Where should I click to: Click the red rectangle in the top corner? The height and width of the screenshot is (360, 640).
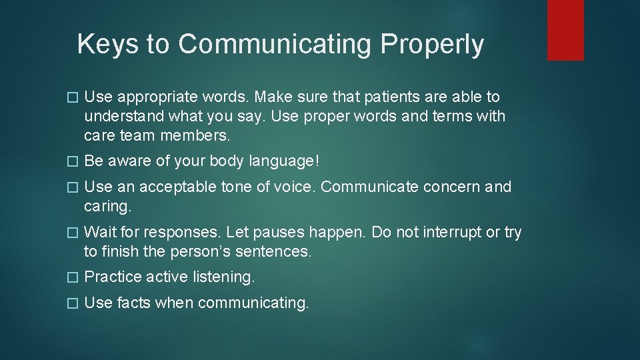[x=565, y=30]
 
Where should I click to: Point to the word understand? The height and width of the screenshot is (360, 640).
[x=123, y=117]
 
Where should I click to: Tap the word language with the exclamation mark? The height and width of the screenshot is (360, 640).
[x=282, y=161]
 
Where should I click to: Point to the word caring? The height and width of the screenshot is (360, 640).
[x=108, y=207]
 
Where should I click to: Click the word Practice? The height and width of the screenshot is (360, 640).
[x=113, y=277]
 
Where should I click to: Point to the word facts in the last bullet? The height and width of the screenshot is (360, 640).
[x=134, y=303]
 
